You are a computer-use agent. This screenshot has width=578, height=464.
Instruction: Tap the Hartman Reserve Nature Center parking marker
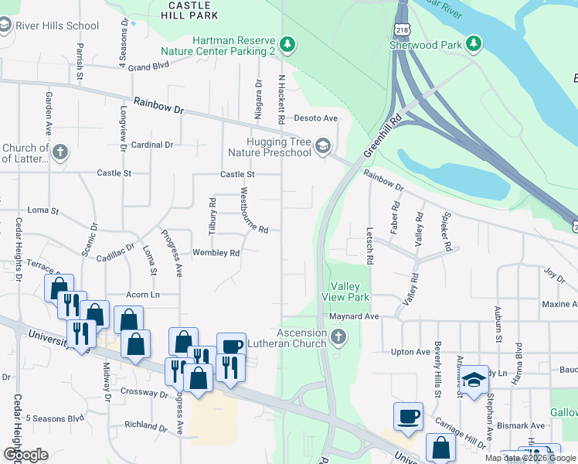tap(287, 44)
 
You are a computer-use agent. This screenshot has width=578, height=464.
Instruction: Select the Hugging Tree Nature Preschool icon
tap(324, 146)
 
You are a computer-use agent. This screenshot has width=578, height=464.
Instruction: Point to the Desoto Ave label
tap(316, 118)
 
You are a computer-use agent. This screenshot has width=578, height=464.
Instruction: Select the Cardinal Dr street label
tap(152, 145)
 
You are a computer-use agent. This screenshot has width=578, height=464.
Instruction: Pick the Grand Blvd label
tap(148, 67)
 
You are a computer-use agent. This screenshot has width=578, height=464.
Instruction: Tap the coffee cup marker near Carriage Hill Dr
tap(408, 417)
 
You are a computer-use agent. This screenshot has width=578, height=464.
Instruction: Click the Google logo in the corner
tap(25, 455)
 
